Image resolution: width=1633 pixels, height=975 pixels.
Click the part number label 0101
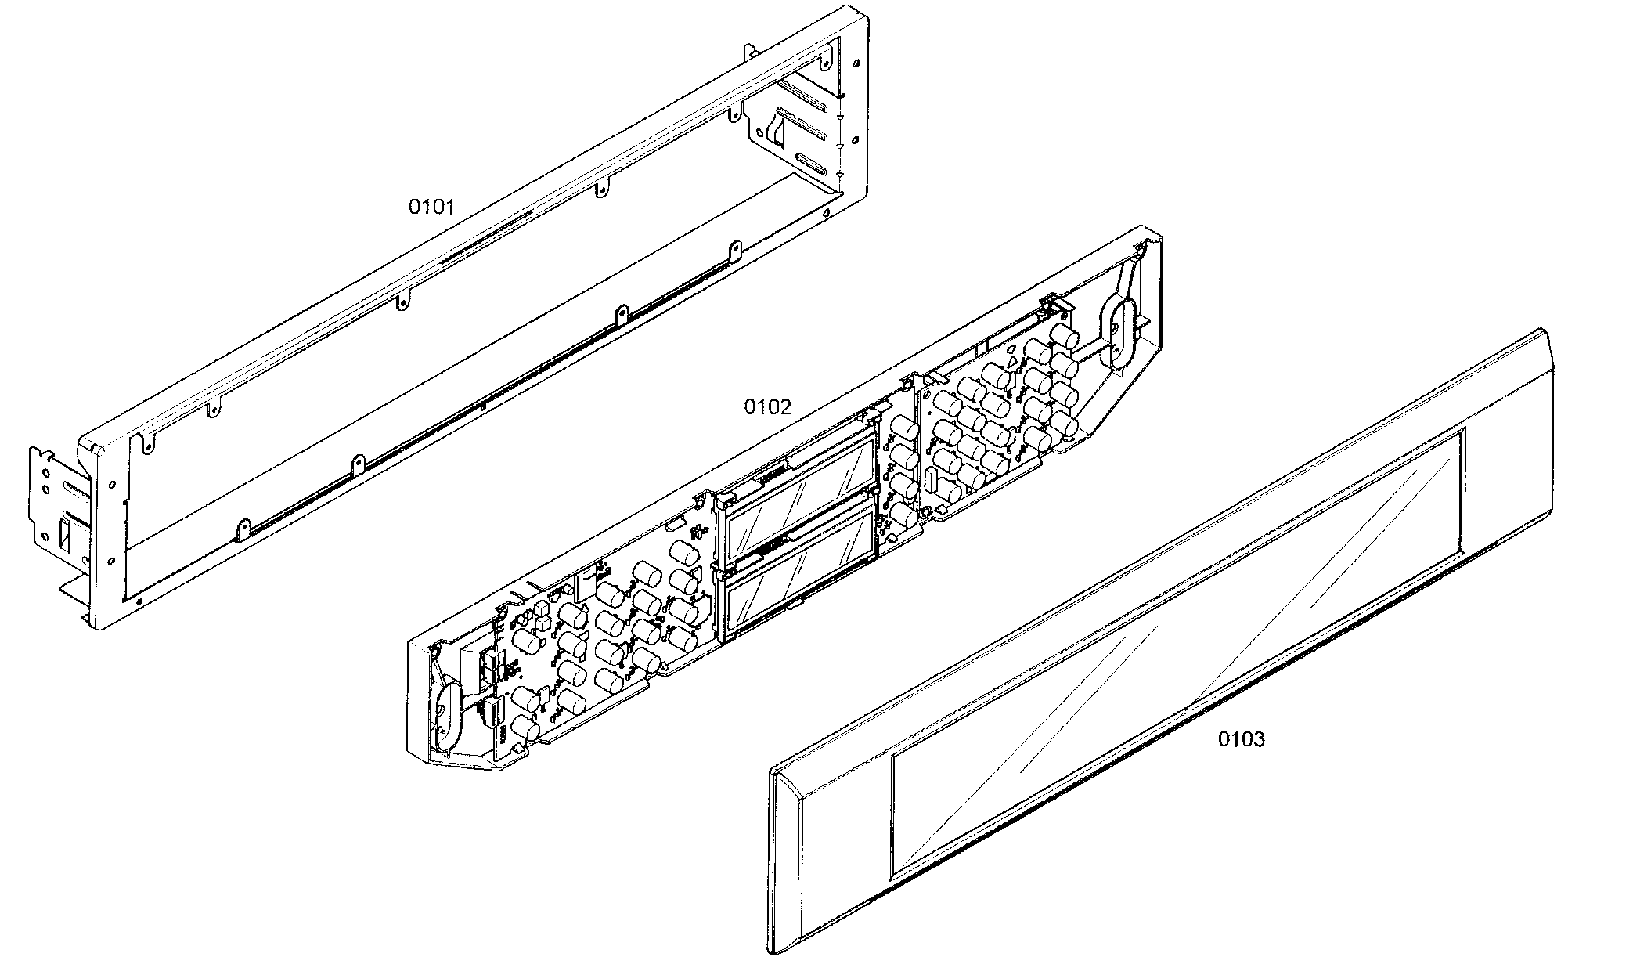[x=431, y=207]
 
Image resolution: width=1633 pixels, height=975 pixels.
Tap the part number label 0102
[x=767, y=406]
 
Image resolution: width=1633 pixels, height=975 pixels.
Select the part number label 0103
[x=1241, y=739]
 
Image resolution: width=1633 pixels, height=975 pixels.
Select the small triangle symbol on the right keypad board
[x=1012, y=362]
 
